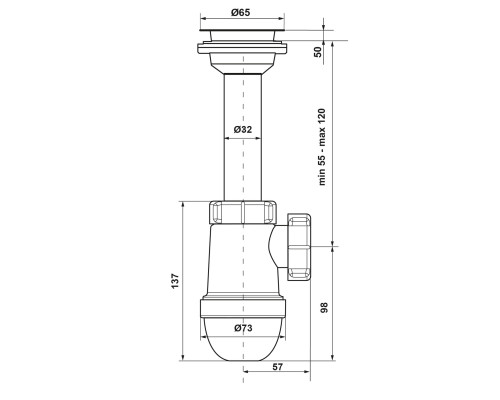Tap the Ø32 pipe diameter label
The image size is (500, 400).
coord(243,129)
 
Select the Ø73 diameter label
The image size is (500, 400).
coord(243,328)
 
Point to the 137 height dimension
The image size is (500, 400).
coord(176,281)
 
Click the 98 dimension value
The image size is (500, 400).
coord(324,307)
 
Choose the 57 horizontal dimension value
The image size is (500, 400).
coord(277,367)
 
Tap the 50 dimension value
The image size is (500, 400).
coord(319,52)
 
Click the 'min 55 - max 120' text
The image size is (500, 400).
coord(322,147)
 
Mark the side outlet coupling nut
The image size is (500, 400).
coord(299,246)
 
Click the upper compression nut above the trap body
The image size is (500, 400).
coord(243,212)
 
